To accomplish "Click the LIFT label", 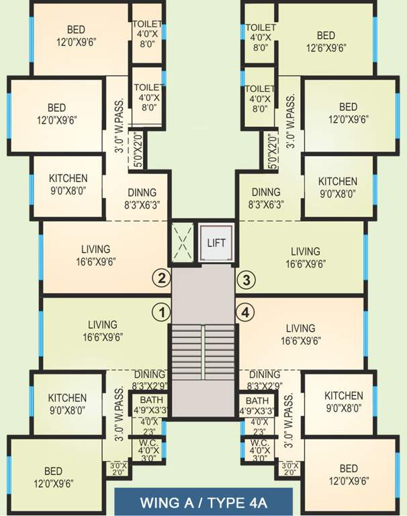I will point(216,243).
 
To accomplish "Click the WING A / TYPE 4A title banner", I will point(203,502).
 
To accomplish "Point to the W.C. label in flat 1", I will point(147,443).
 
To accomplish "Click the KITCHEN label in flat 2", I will point(68,179).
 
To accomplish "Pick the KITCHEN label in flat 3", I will point(337,182).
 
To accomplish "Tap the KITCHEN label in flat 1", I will point(67,398).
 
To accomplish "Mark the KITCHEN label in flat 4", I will point(343,396).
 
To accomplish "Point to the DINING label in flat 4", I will point(264,374).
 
